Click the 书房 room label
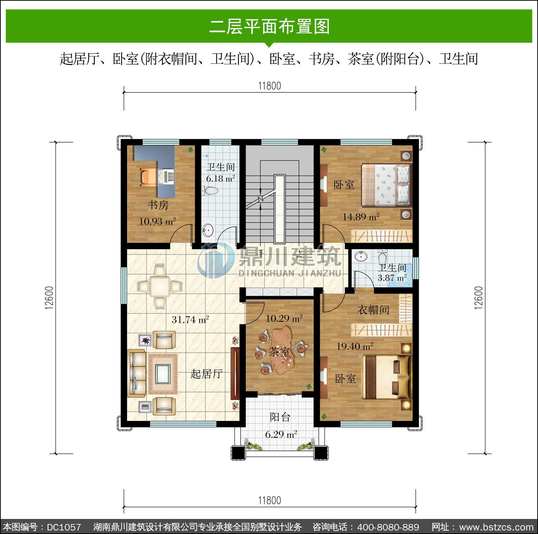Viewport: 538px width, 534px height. [158, 205]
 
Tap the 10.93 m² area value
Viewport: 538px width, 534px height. [157, 221]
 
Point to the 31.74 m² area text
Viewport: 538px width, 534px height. [190, 319]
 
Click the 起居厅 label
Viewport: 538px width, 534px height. [207, 374]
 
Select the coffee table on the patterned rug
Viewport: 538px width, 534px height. [163, 373]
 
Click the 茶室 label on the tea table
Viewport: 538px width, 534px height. [279, 352]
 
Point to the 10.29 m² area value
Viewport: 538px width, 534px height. [284, 318]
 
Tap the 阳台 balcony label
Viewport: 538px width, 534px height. [280, 417]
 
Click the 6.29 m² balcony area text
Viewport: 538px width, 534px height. [281, 434]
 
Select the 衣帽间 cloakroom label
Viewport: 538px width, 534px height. [373, 310]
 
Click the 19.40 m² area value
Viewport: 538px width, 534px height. [355, 346]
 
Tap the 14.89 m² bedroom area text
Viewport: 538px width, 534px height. [361, 217]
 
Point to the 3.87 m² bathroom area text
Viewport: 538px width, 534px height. [392, 277]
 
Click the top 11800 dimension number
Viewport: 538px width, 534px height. [270, 86]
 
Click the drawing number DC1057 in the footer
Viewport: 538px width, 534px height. [64, 527]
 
